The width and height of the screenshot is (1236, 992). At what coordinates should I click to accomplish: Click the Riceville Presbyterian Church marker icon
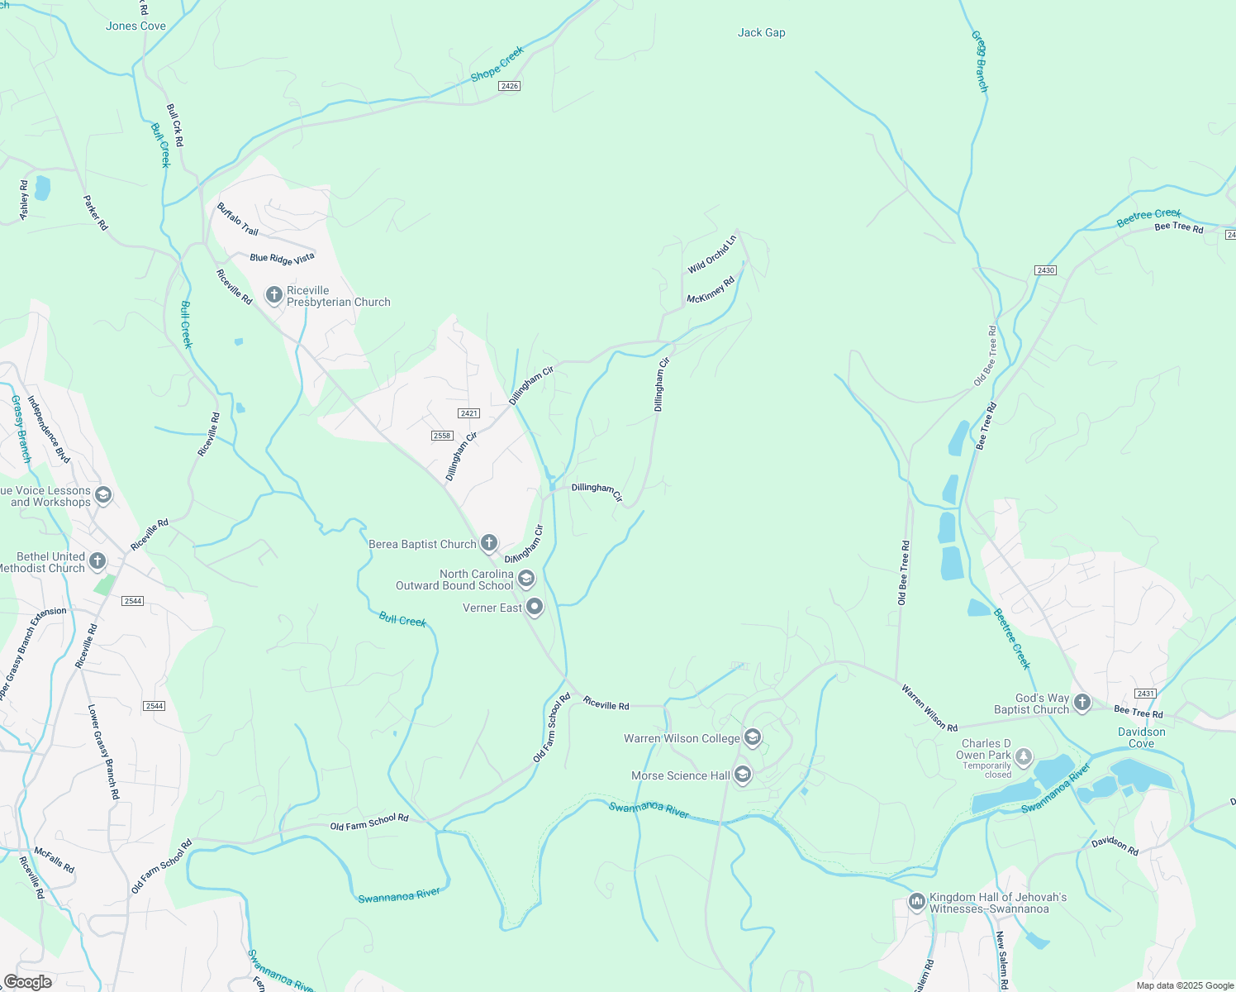[274, 295]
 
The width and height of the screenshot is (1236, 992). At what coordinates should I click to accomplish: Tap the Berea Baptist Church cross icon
[489, 543]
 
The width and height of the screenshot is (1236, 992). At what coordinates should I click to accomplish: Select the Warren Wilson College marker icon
[752, 737]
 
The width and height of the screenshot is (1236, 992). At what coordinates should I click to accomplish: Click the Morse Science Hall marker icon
[742, 775]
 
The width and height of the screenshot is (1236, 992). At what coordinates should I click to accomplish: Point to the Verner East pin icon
[535, 608]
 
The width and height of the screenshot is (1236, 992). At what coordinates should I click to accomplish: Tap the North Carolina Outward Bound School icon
[526, 579]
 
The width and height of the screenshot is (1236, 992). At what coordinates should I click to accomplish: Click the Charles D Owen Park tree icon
[1024, 756]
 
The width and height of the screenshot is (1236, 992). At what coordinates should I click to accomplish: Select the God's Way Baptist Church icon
[1081, 703]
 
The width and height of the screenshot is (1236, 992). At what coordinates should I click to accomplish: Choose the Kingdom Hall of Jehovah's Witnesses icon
[916, 902]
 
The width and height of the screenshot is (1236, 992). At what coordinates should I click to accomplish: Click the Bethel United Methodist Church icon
[97, 562]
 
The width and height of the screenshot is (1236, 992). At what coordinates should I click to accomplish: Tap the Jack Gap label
[761, 33]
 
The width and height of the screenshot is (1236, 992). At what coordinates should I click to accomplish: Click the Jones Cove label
[135, 26]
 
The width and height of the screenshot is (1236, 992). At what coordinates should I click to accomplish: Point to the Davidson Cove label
[1141, 737]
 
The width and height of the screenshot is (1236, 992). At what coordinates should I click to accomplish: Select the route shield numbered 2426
[509, 86]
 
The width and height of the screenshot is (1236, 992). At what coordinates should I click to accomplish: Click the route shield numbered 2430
[1045, 270]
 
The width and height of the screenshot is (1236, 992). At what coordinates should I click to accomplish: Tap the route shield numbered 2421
[468, 413]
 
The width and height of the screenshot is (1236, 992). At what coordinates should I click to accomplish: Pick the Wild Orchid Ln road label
[711, 255]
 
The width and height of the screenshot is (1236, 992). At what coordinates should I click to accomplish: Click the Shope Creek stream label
[497, 64]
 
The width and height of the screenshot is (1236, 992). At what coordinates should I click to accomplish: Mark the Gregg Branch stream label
[979, 62]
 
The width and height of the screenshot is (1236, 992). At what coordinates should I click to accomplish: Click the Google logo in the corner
[27, 982]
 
